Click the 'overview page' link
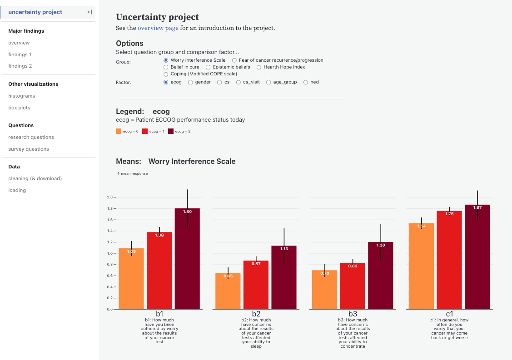[158, 28]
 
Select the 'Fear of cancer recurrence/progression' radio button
[234, 60]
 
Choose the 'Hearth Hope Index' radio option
[259, 67]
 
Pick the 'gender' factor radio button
[190, 82]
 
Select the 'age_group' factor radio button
[268, 82]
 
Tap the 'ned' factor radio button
[306, 82]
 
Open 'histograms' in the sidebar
[21, 96]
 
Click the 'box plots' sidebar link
[19, 108]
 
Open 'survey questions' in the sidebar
[29, 149]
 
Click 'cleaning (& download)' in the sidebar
[35, 178]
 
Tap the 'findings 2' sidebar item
[20, 66]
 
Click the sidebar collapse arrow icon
[89, 12]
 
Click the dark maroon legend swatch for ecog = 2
[171, 131]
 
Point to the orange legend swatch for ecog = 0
[119, 131]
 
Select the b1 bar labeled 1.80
[187, 259]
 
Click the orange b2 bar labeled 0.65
[228, 291]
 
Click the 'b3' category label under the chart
[353, 314]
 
